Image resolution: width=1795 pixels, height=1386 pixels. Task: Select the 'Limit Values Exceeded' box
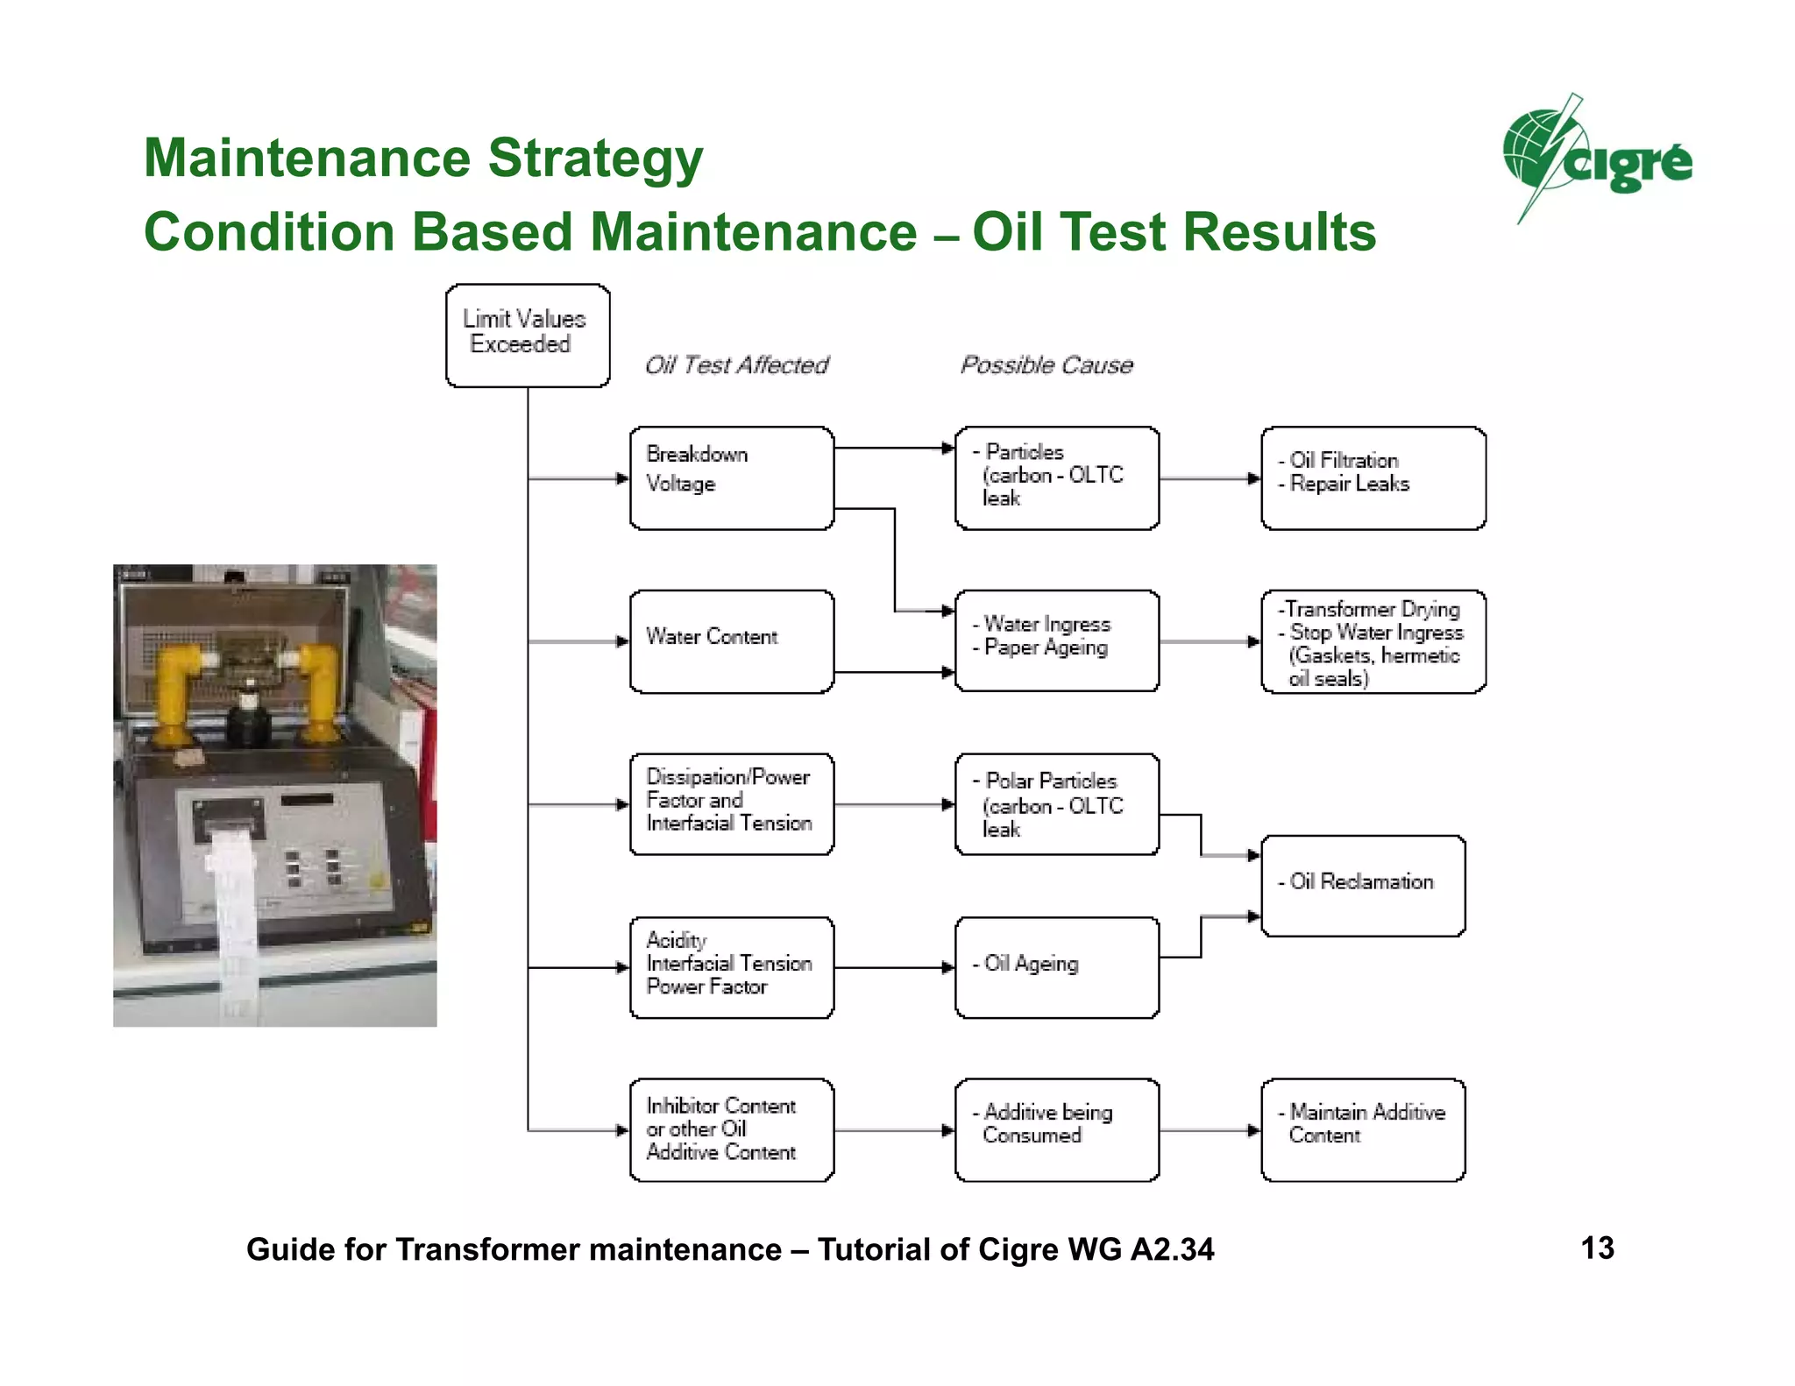click(527, 335)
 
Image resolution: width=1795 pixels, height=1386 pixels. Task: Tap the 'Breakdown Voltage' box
click(731, 477)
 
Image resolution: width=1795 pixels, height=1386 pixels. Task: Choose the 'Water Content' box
click(731, 640)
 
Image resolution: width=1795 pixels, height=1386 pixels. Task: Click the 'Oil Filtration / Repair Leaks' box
click(1373, 477)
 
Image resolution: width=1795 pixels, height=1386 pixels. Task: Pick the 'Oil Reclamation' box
click(1362, 885)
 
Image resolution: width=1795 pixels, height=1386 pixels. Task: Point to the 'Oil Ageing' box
click(1056, 966)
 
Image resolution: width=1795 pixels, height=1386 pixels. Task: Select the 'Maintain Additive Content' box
click(1362, 1129)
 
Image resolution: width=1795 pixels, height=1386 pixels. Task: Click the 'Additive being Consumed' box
click(1056, 1129)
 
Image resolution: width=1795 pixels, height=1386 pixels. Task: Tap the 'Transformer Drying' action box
click(1373, 641)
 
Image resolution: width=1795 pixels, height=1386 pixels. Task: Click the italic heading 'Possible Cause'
click(1046, 364)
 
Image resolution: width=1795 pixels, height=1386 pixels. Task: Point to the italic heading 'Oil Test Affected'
click(736, 364)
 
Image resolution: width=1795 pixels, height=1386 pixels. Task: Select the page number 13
click(1597, 1248)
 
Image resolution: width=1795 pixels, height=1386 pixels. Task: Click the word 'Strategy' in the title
click(595, 159)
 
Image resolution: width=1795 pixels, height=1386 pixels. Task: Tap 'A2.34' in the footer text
click(1172, 1249)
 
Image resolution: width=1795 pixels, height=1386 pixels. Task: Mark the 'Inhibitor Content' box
click(731, 1129)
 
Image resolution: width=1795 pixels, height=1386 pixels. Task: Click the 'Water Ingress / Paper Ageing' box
click(1056, 640)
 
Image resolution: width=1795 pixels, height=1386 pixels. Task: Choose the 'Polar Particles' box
click(1056, 803)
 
